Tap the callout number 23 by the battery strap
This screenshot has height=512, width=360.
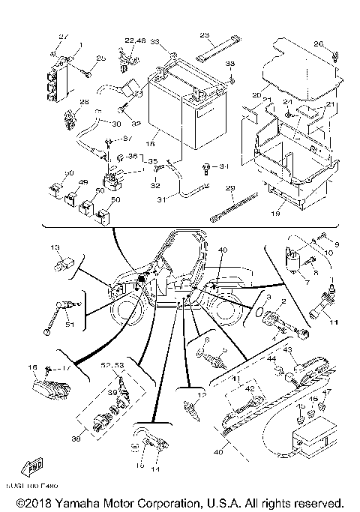pyautogui.click(x=204, y=35)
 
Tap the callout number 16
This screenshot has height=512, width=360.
pyautogui.click(x=32, y=367)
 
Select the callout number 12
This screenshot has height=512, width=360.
pyautogui.click(x=200, y=394)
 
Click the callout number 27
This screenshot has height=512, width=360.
pyautogui.click(x=64, y=36)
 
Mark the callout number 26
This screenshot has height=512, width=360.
pyautogui.click(x=318, y=44)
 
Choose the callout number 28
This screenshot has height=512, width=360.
pyautogui.click(x=63, y=102)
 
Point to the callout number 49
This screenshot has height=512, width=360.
pyautogui.click(x=83, y=182)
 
